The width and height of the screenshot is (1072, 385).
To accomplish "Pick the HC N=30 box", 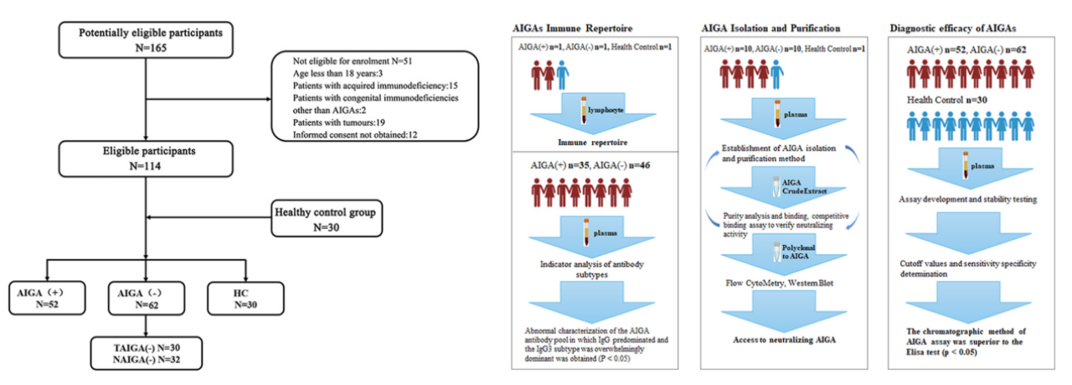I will [248, 299].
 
